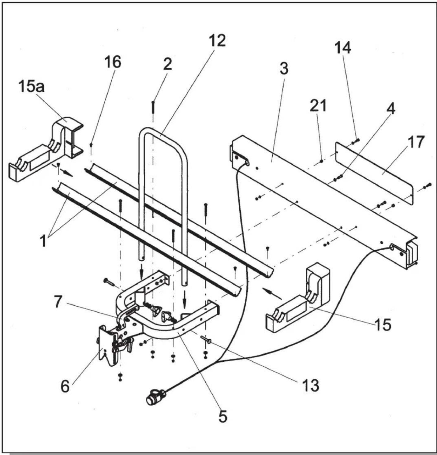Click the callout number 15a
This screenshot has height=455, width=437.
pos(32,87)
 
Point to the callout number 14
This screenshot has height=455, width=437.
pos(343,48)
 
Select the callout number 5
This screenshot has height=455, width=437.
pos(222,416)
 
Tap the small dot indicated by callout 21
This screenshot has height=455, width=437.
pos(322,161)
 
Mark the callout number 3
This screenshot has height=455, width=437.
pos(284,69)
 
